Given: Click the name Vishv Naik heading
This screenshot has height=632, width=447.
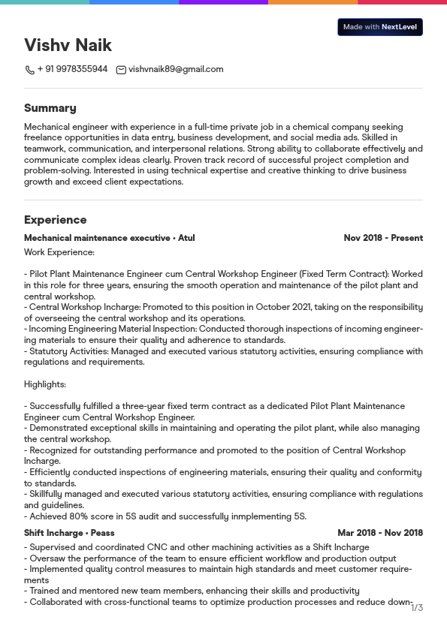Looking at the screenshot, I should tap(68, 45).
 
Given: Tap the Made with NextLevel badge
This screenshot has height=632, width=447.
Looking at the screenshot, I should tap(379, 27).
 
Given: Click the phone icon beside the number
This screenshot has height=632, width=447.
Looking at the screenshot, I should tap(29, 70).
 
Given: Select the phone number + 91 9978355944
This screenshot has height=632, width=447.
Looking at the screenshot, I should tap(72, 69).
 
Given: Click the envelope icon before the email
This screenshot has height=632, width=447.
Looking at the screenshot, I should tap(121, 70).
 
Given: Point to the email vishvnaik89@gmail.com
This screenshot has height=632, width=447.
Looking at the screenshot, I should tap(176, 69).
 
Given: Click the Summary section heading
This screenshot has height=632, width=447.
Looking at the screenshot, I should tap(50, 108).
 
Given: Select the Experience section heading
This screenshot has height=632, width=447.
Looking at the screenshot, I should tap(55, 220).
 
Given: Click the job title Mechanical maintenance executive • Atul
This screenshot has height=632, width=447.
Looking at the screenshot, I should tap(109, 238).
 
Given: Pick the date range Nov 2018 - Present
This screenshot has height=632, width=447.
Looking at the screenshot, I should tap(383, 238).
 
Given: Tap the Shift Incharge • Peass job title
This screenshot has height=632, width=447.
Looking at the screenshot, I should tap(69, 533).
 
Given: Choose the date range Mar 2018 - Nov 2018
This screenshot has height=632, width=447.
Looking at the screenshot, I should tap(380, 533).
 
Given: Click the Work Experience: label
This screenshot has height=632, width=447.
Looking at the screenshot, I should tap(59, 252).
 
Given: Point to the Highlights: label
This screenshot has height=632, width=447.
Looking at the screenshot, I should tap(45, 384).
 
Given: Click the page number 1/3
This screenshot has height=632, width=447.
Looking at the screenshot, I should tap(417, 607).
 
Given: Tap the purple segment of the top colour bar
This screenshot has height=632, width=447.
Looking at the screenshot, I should tap(223, 2).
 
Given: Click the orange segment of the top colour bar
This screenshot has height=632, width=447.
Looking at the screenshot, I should tap(313, 2).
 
